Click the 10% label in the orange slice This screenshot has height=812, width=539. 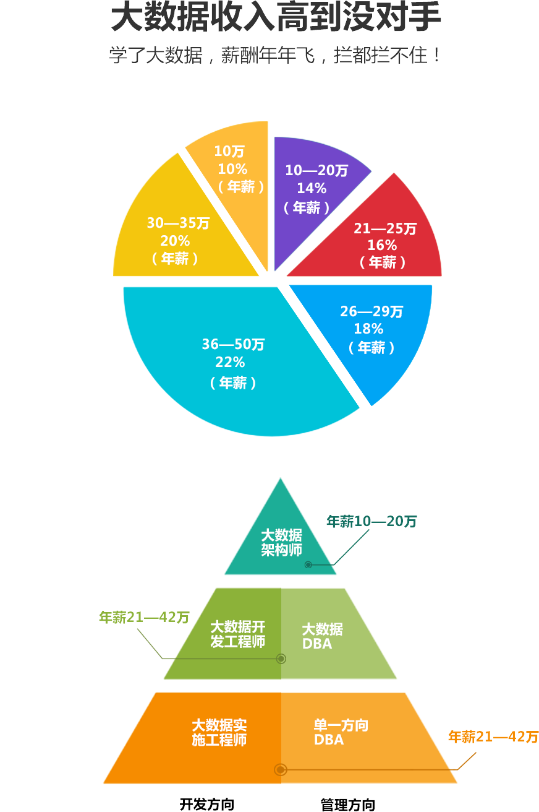[x=232, y=169]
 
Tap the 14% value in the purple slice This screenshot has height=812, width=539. [x=312, y=189]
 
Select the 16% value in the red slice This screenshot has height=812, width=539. [x=382, y=246]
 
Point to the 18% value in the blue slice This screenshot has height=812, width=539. [x=368, y=329]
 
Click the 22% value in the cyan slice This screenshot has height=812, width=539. [x=230, y=363]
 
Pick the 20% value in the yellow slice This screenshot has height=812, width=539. [x=175, y=241]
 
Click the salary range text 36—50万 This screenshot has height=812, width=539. [x=233, y=344]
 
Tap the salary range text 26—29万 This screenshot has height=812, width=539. [x=371, y=311]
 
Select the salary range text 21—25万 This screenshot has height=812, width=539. [x=385, y=229]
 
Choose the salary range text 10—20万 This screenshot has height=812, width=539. [x=316, y=171]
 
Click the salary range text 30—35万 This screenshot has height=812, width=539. [x=178, y=223]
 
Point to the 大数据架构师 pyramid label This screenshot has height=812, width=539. [x=281, y=543]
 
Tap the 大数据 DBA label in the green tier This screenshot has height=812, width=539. [x=322, y=637]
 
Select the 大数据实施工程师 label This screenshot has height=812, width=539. [x=219, y=732]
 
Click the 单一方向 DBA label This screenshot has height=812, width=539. [x=341, y=732]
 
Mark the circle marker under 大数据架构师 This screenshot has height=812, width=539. [x=308, y=564]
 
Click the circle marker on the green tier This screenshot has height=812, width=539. [x=281, y=659]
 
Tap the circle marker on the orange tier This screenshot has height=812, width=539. [x=281, y=769]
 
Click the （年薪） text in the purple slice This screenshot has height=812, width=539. [x=307, y=208]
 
